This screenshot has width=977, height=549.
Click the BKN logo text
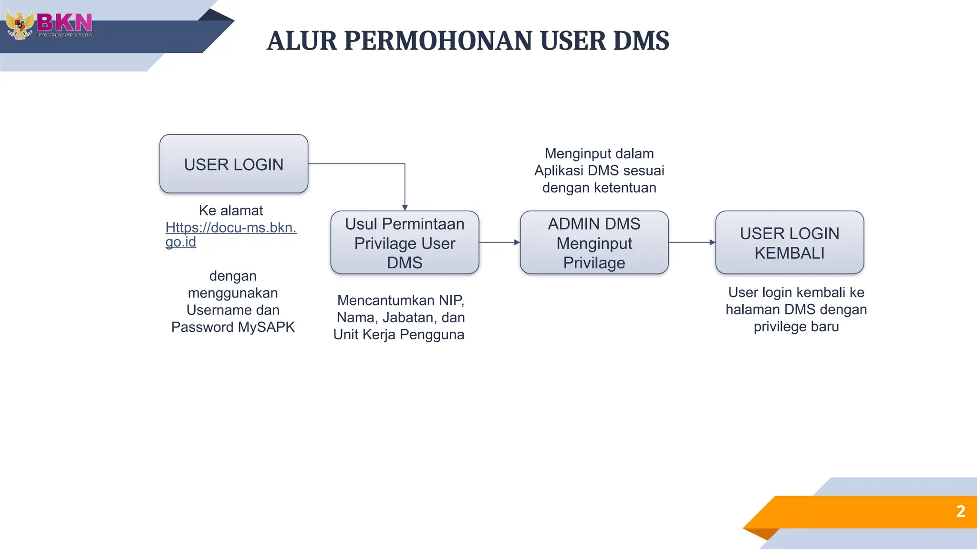(64, 22)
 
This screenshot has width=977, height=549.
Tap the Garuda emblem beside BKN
(20, 25)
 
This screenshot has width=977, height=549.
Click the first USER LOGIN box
(234, 164)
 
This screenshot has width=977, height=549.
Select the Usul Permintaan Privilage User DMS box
(405, 243)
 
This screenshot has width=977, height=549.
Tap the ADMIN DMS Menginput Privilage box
(594, 243)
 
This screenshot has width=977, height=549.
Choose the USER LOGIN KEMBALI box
(790, 243)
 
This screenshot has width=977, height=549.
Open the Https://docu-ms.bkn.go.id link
(231, 228)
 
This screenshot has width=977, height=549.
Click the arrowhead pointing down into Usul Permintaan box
(405, 207)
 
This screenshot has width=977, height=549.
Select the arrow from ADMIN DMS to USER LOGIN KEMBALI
(692, 242)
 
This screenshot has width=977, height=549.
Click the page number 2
(961, 511)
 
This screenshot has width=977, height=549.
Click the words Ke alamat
(231, 211)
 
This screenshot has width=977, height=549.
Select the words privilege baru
(796, 327)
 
